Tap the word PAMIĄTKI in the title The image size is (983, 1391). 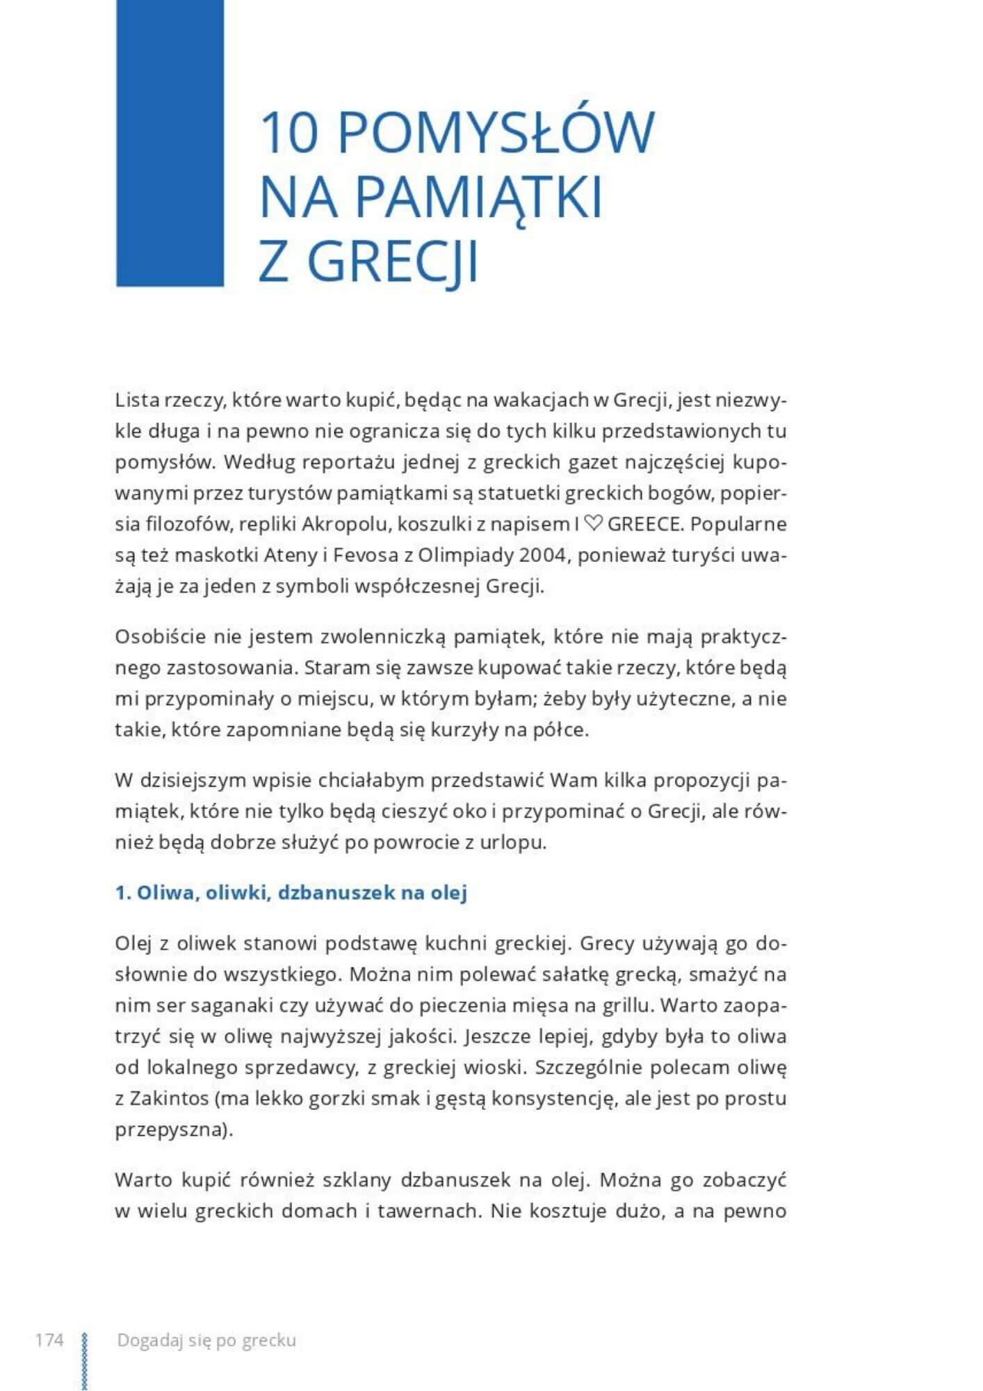click(x=478, y=198)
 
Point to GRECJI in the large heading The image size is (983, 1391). click(x=393, y=262)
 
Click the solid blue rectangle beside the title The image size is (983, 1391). click(x=170, y=143)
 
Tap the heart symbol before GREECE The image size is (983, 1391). click(x=593, y=524)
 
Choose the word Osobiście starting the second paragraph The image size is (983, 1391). click(x=160, y=637)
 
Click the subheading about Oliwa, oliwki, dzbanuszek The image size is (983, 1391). click(x=291, y=892)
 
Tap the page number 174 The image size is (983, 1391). click(x=49, y=1340)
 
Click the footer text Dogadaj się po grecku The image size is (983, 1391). click(x=206, y=1340)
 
